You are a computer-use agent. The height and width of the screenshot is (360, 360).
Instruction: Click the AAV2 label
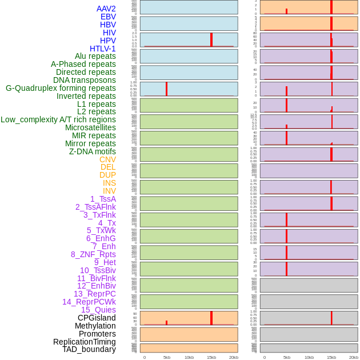[106, 9]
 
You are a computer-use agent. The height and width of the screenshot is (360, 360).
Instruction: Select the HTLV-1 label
[103, 49]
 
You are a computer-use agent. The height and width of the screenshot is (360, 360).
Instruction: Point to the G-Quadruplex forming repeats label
[61, 88]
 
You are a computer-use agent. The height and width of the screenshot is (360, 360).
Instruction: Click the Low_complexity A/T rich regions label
[58, 119]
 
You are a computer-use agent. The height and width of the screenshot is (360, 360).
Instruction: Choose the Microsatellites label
[90, 127]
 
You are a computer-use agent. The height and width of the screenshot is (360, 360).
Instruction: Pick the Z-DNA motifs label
[93, 151]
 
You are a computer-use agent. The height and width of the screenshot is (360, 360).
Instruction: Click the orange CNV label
[107, 159]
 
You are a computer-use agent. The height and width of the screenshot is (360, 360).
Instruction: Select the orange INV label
[109, 191]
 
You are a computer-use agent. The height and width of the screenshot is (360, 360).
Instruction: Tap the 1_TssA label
[103, 199]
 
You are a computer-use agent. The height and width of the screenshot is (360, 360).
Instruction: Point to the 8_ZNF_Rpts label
[93, 254]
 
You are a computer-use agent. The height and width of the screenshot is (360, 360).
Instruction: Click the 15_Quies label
[98, 310]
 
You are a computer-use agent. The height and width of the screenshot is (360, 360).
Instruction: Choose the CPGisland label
[97, 318]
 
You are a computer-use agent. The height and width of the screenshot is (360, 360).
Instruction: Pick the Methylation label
[95, 326]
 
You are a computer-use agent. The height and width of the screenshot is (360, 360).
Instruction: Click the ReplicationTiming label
[85, 342]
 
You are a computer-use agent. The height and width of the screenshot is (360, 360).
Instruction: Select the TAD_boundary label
[89, 349]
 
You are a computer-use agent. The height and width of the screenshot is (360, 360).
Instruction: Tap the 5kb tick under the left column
[167, 357]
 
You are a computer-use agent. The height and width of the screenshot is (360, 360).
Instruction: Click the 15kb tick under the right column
[331, 357]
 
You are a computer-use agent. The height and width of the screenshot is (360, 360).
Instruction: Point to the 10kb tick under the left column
[189, 357]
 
